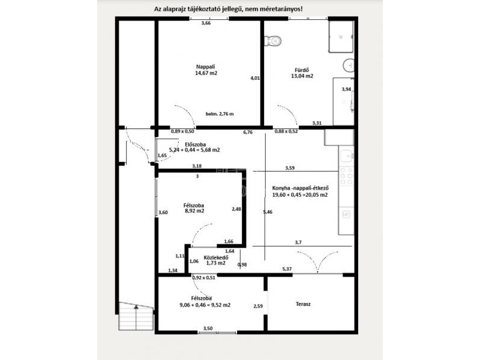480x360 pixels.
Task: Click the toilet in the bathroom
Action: [x=272, y=41]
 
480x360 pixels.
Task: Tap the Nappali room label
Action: [x=206, y=67]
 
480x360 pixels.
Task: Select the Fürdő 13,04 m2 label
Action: [x=302, y=73]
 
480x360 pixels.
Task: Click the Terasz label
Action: [x=303, y=304]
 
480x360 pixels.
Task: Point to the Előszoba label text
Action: [x=196, y=145]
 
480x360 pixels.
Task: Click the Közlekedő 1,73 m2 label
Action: [x=216, y=260]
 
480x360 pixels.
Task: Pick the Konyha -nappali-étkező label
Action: [x=301, y=188]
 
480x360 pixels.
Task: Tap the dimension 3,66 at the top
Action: [x=206, y=23]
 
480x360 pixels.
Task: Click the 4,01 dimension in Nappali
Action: [x=255, y=78]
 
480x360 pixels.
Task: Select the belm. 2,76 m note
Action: [x=220, y=114]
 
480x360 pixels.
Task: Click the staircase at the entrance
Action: [x=136, y=316]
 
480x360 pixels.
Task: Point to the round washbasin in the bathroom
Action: [x=349, y=65]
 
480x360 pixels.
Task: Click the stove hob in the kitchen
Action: [x=347, y=176]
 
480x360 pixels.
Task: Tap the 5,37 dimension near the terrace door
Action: [x=287, y=269]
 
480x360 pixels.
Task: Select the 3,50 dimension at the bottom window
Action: [x=208, y=328]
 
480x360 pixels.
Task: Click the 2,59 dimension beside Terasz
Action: [x=258, y=306]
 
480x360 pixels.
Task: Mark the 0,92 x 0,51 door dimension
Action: [x=203, y=278]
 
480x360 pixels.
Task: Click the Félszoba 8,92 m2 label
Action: [x=194, y=208]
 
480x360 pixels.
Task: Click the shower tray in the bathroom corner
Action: [x=341, y=37]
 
